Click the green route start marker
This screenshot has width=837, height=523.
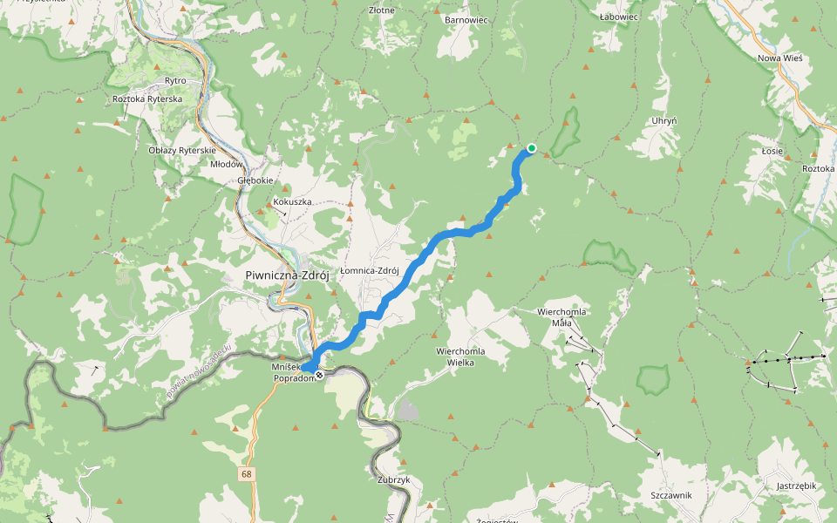[x=531, y=148]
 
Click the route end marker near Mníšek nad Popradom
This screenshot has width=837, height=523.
[x=319, y=375]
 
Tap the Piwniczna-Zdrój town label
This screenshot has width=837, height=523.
[x=287, y=275]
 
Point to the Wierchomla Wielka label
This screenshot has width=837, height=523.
[x=454, y=357]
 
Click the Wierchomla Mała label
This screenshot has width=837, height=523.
[x=561, y=316]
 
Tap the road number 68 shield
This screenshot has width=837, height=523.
[x=248, y=474]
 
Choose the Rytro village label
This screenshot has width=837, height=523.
[x=175, y=80]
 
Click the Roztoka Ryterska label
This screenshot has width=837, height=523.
[x=147, y=99]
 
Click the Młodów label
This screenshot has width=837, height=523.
[x=226, y=163]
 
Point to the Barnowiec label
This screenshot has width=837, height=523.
[x=466, y=19]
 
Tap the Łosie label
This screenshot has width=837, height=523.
[x=772, y=151]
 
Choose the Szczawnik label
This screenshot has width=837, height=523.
[x=670, y=494]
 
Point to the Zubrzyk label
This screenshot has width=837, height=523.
[x=394, y=479]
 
